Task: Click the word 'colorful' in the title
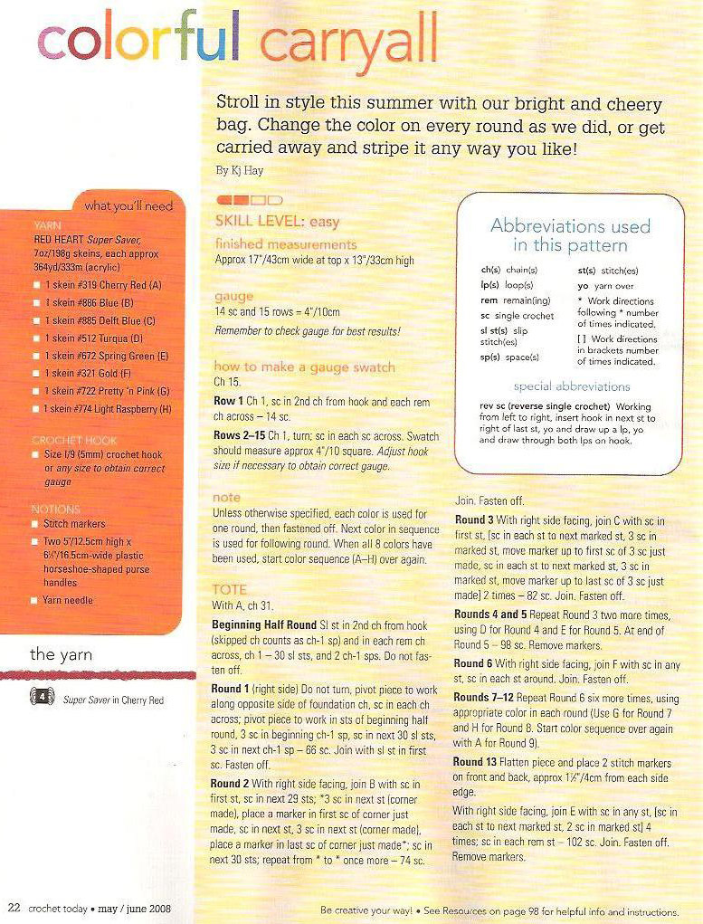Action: pos(139,41)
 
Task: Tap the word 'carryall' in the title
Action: pos(347,45)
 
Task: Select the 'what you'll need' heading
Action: pos(128,205)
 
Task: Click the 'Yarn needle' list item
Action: pos(68,600)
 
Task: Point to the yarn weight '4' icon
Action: pos(42,700)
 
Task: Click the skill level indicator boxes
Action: pos(250,199)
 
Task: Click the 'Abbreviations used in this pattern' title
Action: pos(570,235)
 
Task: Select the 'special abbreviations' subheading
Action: pos(572,386)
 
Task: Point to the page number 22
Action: pos(14,908)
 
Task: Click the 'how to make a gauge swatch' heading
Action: pos(304,367)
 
